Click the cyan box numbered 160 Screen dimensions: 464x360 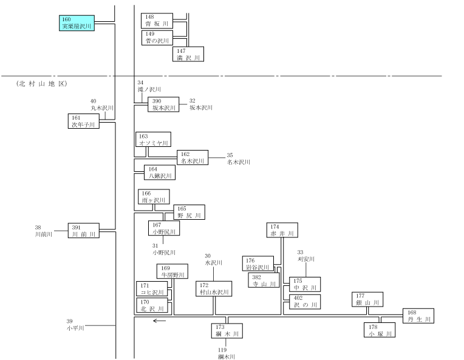(77, 23)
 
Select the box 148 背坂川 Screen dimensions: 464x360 (157, 21)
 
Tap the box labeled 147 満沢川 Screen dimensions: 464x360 (188, 54)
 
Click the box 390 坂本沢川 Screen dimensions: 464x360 (163, 104)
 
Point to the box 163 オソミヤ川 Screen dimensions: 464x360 (153, 140)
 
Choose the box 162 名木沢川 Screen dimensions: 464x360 (193, 157)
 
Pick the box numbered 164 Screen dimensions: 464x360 (160, 172)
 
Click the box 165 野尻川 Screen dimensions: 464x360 (189, 212)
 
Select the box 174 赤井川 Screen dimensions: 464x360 (282, 230)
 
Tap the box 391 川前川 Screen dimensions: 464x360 (84, 231)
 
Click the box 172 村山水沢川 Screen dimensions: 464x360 (214, 289)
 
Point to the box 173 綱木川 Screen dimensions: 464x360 (227, 331)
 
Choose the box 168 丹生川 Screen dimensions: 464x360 (418, 316)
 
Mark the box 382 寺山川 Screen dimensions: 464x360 (264, 280)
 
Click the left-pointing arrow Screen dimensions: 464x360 (159, 321)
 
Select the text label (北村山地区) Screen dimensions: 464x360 (42, 84)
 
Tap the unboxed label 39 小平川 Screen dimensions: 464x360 (75, 325)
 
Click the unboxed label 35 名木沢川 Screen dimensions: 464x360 (239, 159)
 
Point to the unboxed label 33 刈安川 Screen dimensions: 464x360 (306, 256)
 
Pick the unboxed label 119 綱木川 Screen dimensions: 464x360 (227, 353)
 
